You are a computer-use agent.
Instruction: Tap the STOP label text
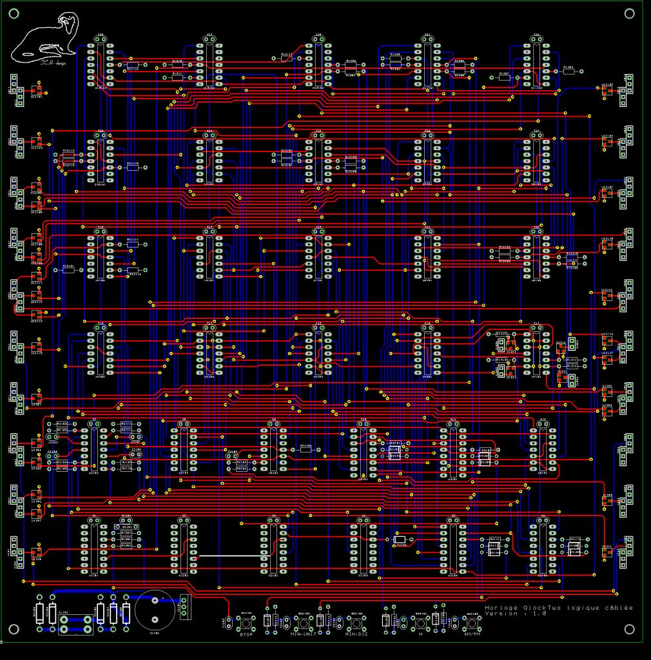tap(246, 635)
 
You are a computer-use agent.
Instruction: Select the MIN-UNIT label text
tap(303, 635)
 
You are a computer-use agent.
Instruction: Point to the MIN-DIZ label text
tap(356, 635)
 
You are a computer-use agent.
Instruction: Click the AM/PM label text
tap(472, 635)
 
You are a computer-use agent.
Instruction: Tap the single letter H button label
tap(420, 635)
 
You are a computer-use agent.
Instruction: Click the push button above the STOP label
tap(246, 623)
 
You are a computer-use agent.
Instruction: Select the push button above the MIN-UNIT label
tap(303, 623)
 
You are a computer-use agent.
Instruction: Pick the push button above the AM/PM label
tap(472, 623)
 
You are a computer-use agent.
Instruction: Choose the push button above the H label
tap(420, 623)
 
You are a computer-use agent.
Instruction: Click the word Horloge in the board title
tap(501, 608)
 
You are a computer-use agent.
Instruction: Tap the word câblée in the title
tap(619, 608)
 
